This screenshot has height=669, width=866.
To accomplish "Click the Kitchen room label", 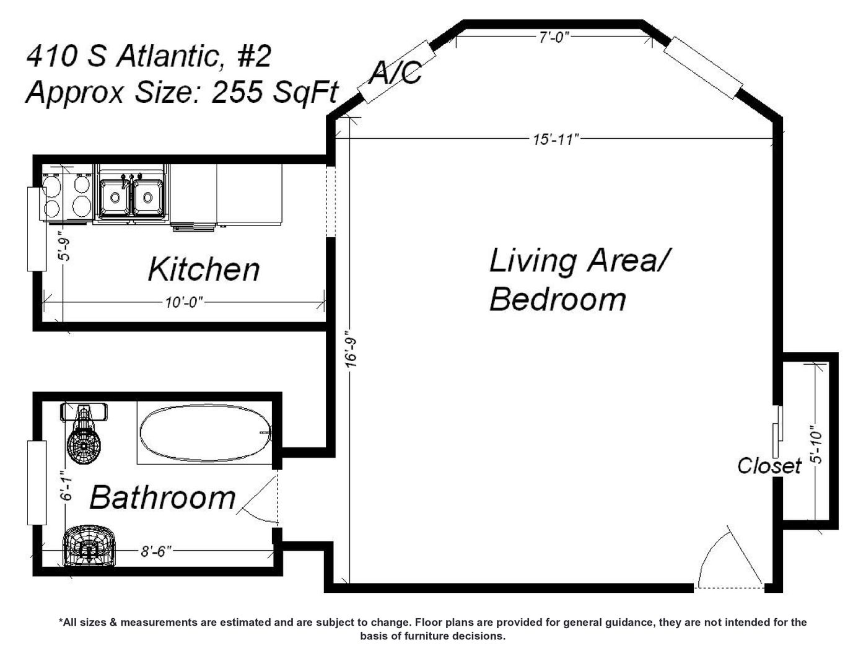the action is (204, 269).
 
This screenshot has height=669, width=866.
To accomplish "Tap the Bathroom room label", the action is (162, 497).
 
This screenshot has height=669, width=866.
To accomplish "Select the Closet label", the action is (769, 465).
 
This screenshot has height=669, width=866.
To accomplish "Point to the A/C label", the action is (395, 73).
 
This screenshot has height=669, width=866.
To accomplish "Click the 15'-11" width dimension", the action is (556, 139).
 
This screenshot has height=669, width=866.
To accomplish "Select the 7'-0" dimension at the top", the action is (554, 37).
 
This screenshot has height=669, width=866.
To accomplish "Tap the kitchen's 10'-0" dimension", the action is (184, 302).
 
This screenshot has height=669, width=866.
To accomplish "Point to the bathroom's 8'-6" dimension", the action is (156, 551).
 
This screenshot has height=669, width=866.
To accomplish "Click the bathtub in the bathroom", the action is (205, 434).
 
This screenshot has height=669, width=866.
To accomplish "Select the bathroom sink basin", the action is (90, 546).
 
